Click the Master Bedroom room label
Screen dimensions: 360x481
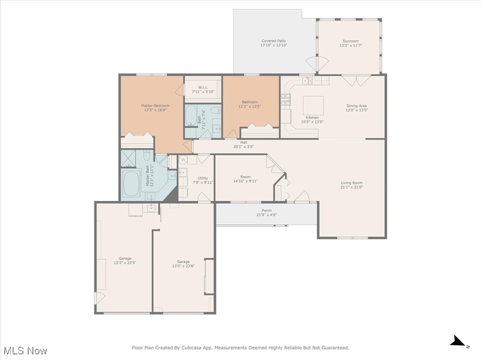tap(155, 106)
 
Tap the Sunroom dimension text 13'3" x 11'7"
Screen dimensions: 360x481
tap(351, 46)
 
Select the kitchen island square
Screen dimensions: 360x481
tap(313, 105)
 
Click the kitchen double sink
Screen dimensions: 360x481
tap(308, 81)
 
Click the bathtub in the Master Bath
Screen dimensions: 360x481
tap(131, 184)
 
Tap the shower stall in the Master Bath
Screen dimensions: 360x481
tap(128, 159)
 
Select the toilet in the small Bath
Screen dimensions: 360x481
tap(216, 111)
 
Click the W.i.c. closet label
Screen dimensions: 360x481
tap(203, 87)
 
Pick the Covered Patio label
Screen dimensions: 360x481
tap(273, 41)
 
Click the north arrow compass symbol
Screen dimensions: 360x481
tap(458, 341)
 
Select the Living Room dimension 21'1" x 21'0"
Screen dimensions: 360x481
tap(351, 187)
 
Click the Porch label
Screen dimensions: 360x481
tap(266, 210)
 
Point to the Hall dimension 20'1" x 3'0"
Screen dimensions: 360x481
tap(243, 146)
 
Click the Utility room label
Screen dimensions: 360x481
tap(203, 178)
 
